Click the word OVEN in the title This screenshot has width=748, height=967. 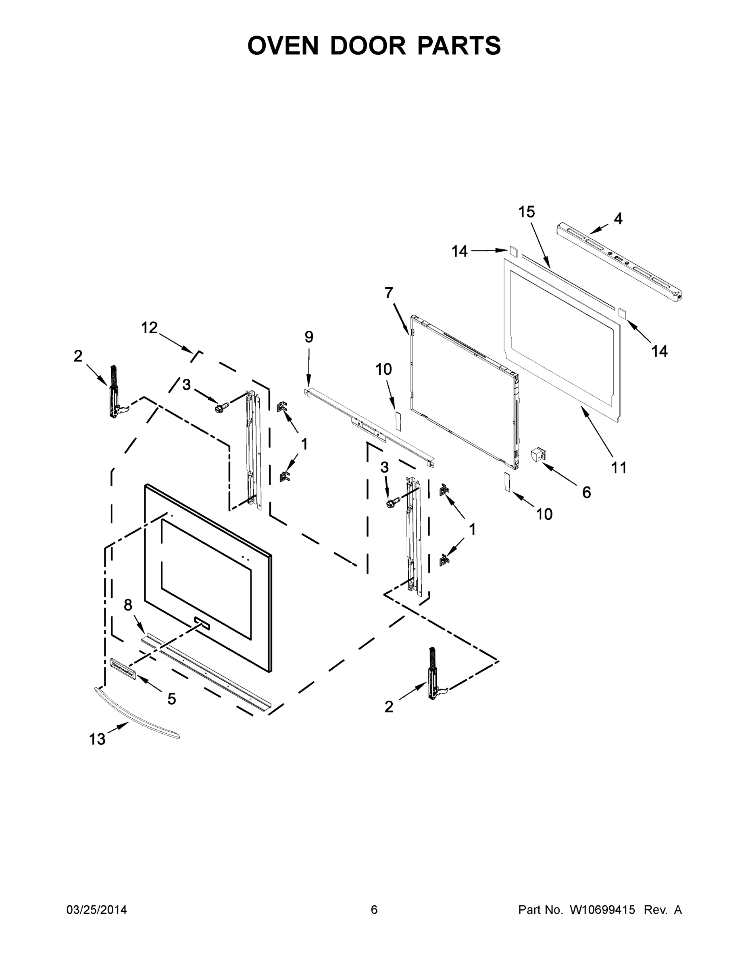[x=283, y=46]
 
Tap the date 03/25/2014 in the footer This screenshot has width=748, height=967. [x=97, y=909]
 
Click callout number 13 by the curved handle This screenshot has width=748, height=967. [x=97, y=739]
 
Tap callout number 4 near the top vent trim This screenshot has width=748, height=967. [x=618, y=218]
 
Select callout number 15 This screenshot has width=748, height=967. [x=527, y=212]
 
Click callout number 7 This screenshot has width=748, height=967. [x=389, y=293]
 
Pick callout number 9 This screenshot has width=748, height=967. [x=309, y=337]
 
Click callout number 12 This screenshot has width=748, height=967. [x=149, y=328]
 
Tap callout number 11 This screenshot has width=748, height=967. [x=619, y=467]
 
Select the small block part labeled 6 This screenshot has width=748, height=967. [x=538, y=454]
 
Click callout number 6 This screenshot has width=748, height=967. [x=586, y=492]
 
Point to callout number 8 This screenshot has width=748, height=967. [x=128, y=605]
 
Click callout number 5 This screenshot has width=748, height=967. [x=171, y=699]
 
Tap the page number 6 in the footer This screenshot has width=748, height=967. [x=374, y=909]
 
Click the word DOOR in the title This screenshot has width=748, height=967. [x=368, y=46]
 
